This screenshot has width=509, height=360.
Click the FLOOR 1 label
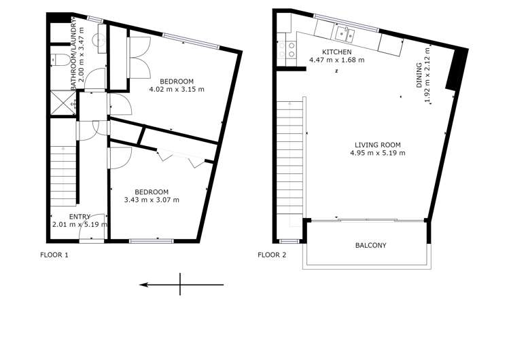click(55, 255)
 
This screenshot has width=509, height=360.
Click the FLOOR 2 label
click(272, 255)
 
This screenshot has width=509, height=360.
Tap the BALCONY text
click(370, 245)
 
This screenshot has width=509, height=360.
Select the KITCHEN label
click(336, 52)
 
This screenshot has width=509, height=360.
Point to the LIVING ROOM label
click(377, 145)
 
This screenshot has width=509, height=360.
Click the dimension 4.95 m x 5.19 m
click(377, 153)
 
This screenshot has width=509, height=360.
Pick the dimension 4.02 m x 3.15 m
click(177, 89)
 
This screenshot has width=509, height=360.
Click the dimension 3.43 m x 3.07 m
click(152, 200)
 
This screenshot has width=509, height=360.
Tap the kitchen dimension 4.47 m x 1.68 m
click(336, 60)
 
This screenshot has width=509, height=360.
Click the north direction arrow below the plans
click(181, 285)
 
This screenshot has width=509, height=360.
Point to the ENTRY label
click(79, 216)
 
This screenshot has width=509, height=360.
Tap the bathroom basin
click(101, 41)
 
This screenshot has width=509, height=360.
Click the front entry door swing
click(90, 233)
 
